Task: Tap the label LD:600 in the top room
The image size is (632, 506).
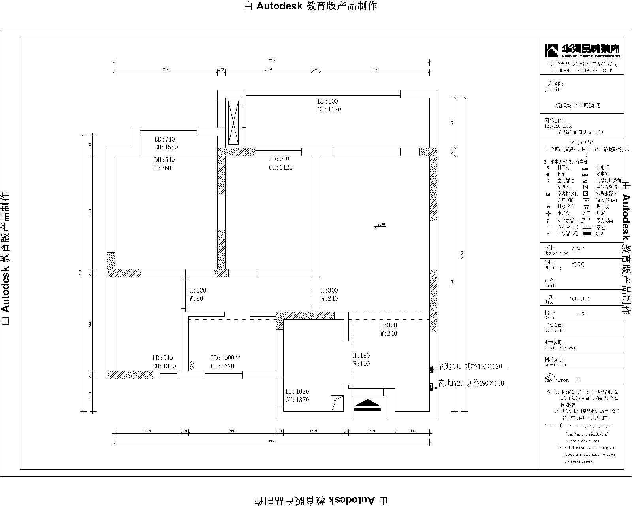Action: [328, 102]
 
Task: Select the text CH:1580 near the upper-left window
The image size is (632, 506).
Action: [166, 147]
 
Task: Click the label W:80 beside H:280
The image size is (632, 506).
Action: [196, 299]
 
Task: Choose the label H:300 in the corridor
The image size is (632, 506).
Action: [329, 290]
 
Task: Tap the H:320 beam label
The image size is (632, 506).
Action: [388, 325]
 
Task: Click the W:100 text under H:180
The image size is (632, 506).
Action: [361, 364]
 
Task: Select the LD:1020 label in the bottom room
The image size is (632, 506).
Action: [297, 391]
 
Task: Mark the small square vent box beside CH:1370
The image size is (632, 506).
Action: [338, 403]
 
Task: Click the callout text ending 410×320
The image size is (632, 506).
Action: [471, 366]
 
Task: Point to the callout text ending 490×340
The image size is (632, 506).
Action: [471, 383]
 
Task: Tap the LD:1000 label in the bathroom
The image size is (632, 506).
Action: [222, 358]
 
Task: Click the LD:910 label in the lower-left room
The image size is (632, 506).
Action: [163, 358]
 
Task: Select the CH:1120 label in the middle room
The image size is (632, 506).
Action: [280, 168]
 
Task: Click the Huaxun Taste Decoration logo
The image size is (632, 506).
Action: [582, 50]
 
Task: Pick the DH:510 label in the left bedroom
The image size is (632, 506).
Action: [164, 160]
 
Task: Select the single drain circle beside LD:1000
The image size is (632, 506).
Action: [238, 357]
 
